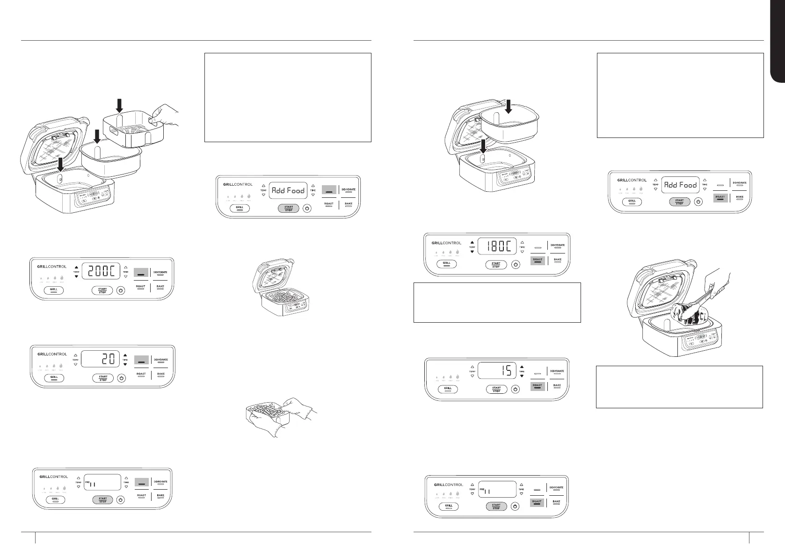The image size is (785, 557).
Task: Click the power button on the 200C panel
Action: [121, 290]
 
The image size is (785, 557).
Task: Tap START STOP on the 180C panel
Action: [496, 265]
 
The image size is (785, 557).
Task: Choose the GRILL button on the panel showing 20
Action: [54, 377]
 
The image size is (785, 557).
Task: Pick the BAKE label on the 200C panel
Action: [160, 286]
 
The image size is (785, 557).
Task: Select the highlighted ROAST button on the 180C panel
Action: [538, 260]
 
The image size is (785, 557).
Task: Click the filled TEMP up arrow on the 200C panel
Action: [76, 268]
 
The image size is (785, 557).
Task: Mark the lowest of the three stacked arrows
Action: [61, 165]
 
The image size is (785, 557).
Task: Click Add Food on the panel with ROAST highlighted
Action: [681, 185]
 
